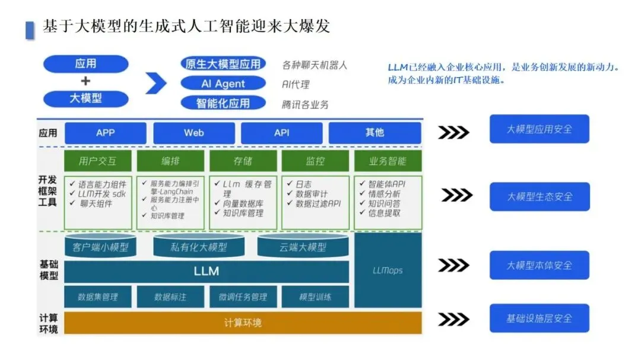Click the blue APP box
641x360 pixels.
[106, 133]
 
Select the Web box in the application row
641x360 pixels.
[193, 133]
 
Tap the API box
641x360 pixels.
[282, 133]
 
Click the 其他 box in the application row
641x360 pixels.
[375, 133]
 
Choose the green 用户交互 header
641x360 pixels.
[98, 161]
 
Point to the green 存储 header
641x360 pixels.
[243, 161]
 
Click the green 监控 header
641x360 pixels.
[315, 161]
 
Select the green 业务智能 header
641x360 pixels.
[388, 161]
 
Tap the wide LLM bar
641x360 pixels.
[207, 272]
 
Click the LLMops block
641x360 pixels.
[388, 270]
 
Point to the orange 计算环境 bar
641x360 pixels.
[243, 323]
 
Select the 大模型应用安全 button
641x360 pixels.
[539, 129]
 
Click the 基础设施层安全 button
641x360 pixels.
[539, 318]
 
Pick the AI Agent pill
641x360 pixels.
[223, 84]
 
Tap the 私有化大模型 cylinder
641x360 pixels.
[199, 247]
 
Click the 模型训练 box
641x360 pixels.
[315, 297]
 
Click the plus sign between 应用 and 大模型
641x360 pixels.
[85, 81]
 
